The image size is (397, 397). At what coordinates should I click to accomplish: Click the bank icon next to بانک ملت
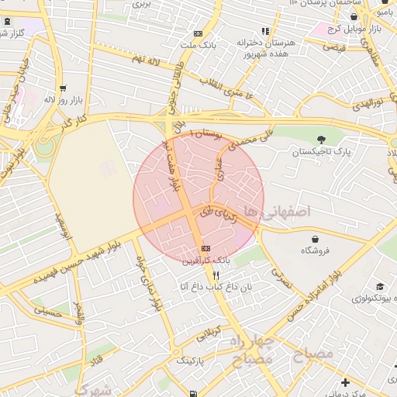198,33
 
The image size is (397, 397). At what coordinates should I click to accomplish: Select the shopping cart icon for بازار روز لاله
62,88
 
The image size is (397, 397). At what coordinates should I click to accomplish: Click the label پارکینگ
190,361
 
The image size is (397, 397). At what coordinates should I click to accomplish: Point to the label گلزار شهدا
11,33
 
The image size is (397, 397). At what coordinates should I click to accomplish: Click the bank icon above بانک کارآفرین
205,248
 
